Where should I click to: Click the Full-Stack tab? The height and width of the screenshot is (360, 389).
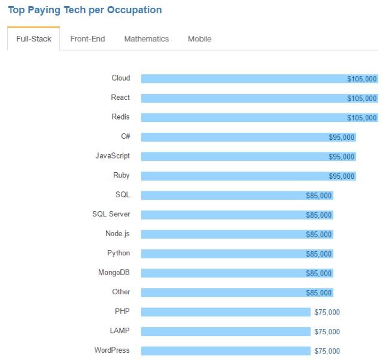(x=34, y=39)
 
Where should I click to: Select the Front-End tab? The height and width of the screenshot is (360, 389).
(x=87, y=39)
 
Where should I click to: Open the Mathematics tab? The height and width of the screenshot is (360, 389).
(x=147, y=39)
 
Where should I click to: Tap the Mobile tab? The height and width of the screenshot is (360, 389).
(x=199, y=39)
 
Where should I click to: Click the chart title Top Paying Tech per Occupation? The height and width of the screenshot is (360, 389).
(x=84, y=10)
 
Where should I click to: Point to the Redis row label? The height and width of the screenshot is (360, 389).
(x=120, y=117)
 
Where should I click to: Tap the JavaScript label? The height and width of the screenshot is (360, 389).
(x=113, y=156)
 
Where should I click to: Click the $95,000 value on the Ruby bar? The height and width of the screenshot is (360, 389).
(x=342, y=176)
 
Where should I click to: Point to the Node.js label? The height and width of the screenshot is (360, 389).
(x=117, y=234)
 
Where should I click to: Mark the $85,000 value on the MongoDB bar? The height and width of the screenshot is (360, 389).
(x=319, y=273)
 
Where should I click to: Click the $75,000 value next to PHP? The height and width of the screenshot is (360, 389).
(x=327, y=312)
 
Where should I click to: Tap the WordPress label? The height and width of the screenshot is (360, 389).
(x=112, y=350)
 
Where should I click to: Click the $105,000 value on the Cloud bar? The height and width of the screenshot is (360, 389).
(x=362, y=78)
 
